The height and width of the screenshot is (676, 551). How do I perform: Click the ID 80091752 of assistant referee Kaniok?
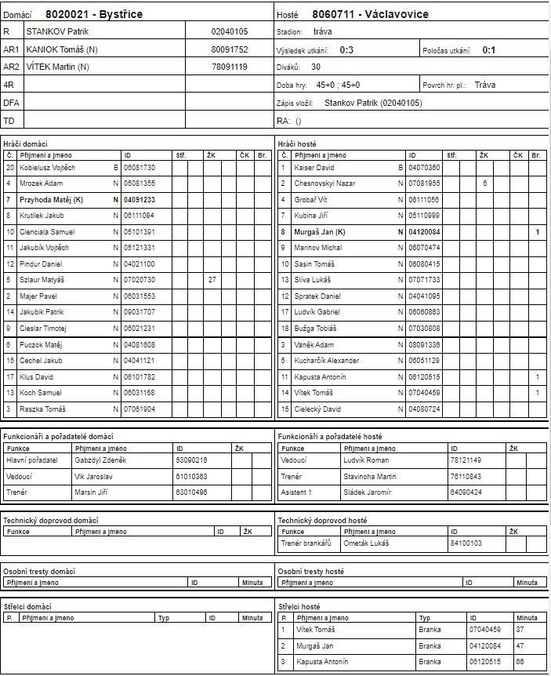[230, 49]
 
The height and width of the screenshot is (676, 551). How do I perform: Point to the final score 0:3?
[346, 49]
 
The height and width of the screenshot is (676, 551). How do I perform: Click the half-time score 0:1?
[488, 49]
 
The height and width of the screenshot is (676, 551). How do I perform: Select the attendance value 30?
[316, 67]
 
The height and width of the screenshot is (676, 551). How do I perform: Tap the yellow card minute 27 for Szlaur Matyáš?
[212, 279]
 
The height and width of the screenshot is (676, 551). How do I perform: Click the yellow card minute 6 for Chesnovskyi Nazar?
[485, 183]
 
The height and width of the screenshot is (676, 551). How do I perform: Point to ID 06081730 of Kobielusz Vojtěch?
[140, 167]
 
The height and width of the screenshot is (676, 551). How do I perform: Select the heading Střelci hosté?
[299, 606]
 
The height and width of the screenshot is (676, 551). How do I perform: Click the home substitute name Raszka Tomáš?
[42, 409]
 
